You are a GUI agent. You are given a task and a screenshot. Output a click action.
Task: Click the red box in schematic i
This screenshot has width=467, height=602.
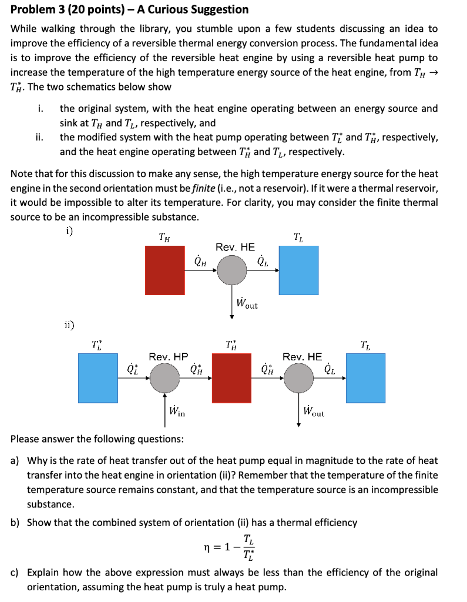click(x=166, y=270)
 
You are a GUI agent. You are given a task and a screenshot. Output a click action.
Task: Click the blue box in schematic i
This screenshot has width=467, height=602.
click(x=298, y=270)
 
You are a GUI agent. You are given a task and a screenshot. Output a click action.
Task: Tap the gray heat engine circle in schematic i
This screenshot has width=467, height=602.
click(x=232, y=271)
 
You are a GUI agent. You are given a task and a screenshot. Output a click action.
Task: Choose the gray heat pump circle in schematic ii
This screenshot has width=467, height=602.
click(x=164, y=378)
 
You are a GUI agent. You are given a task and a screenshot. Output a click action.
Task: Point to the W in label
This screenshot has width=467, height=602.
click(x=177, y=410)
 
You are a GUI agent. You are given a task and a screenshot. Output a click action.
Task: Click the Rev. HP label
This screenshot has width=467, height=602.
click(x=168, y=357)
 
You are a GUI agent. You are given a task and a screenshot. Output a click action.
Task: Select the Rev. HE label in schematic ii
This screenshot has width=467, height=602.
click(x=302, y=357)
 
